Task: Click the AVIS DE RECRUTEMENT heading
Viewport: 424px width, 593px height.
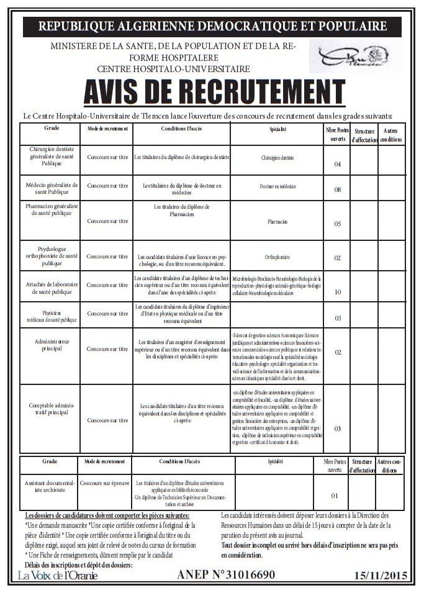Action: pos(214,93)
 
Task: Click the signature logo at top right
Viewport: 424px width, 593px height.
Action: pos(354,57)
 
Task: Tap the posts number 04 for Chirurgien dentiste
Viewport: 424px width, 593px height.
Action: pos(338,165)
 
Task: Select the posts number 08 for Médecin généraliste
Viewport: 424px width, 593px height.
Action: pos(338,190)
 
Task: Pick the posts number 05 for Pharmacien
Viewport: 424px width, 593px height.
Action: pos(338,224)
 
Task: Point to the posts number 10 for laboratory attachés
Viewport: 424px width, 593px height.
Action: pos(338,292)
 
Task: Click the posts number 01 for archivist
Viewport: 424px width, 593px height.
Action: pos(335,496)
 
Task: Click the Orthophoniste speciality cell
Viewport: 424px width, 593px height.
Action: pos(277,256)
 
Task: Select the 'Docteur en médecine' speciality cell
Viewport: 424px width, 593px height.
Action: pos(277,186)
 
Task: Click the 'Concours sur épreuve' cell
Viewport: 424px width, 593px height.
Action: pos(104,482)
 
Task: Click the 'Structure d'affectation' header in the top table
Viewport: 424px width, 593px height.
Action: pos(364,135)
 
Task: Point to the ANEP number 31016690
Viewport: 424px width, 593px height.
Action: pos(226,575)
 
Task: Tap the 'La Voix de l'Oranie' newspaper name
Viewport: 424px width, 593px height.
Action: pos(58,576)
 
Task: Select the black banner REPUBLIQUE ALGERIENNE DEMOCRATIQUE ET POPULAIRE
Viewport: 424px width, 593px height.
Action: pos(212,26)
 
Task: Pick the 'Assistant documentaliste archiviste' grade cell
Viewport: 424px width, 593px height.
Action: pos(50,486)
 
